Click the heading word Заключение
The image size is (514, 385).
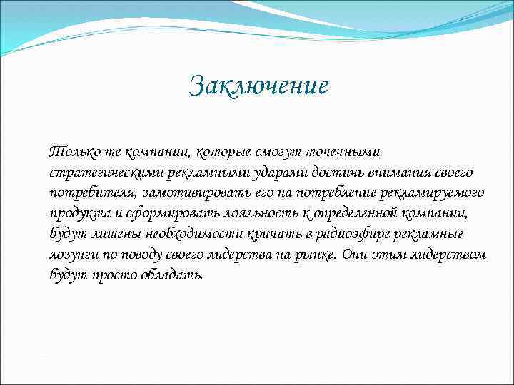click(x=259, y=87)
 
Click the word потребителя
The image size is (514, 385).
click(x=94, y=193)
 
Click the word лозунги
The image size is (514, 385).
click(x=73, y=255)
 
